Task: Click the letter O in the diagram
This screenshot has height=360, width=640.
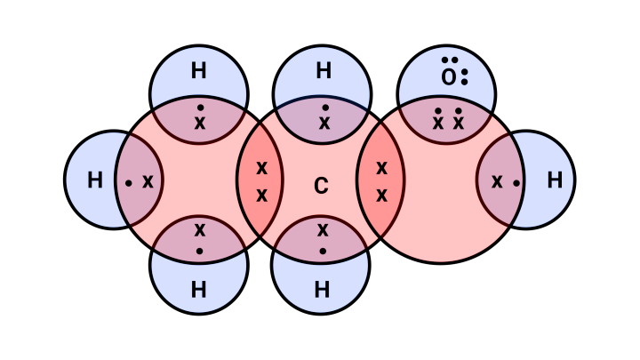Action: coord(449,78)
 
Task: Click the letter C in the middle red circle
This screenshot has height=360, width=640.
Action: coord(321,187)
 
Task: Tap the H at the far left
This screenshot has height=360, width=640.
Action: coord(95,180)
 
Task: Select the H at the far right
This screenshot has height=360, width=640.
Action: coord(555,180)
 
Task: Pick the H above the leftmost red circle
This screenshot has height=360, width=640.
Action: coord(198,71)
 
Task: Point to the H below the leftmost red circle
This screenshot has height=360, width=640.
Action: coord(198,290)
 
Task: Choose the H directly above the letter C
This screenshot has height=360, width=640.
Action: coord(324,71)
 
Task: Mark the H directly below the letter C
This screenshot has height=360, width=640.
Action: coord(322,290)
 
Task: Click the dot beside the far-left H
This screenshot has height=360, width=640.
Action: coord(129,183)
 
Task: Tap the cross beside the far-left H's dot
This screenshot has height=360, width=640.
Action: coord(148,181)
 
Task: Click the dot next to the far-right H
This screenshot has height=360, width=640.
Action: coord(516,183)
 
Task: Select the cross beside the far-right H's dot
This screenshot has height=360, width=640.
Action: coord(497,181)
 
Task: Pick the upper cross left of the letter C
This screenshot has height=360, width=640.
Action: coord(262,167)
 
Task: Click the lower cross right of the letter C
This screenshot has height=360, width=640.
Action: coord(381,195)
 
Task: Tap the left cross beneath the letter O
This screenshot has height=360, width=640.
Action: coord(438,123)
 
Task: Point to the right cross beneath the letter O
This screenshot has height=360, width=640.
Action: coord(459,123)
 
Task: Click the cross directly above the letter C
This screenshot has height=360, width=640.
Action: coord(324,123)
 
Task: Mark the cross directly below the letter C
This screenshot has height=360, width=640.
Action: coord(323,230)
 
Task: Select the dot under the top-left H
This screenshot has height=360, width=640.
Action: coord(200,108)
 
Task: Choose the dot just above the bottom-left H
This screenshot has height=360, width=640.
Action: coord(199,251)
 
